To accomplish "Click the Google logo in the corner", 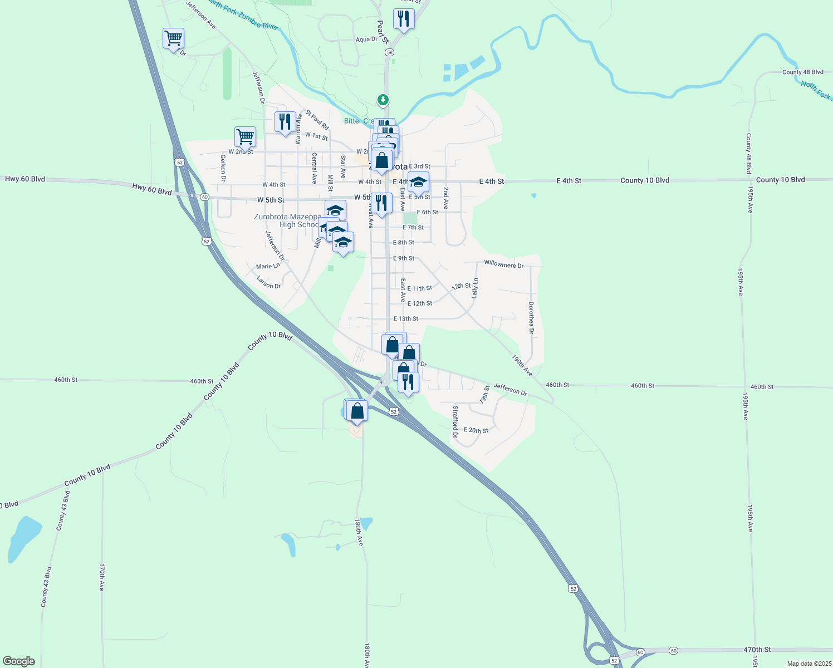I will click(x=19, y=661).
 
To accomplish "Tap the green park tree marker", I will click(x=383, y=100).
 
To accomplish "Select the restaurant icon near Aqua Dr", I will click(x=403, y=19).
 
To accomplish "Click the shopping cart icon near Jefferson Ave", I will click(x=173, y=38).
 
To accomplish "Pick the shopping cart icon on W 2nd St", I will click(x=245, y=136).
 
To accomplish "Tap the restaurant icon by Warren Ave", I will click(x=285, y=121).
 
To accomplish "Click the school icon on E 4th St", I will click(x=418, y=182).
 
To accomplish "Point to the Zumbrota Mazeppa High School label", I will click(x=287, y=220).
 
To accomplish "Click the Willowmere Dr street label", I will click(x=503, y=264).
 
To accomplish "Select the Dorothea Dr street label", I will click(x=531, y=318).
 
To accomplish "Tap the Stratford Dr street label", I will click(x=455, y=421).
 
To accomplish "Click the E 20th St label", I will click(x=476, y=430).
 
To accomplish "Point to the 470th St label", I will click(x=757, y=650).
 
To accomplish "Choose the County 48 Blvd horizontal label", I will click(x=802, y=72).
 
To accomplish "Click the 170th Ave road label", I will click(x=102, y=577).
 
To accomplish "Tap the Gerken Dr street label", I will click(x=223, y=168).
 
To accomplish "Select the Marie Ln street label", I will click(x=268, y=267).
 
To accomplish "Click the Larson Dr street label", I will click(x=268, y=283).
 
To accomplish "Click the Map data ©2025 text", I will click(x=808, y=664).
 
